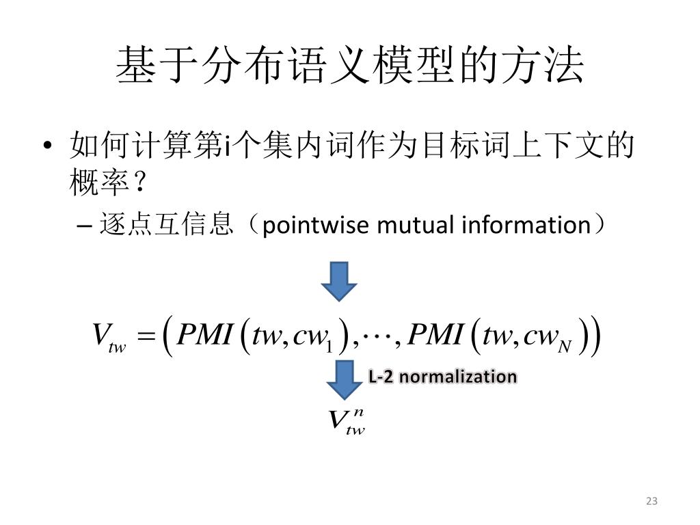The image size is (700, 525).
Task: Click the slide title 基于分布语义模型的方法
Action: [x=350, y=66]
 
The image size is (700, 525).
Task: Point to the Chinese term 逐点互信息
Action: [x=166, y=225]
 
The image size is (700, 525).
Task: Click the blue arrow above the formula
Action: [x=339, y=280]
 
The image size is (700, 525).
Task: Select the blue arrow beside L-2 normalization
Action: [x=344, y=380]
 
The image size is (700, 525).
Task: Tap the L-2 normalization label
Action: [x=442, y=377]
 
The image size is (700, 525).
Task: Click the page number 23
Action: [x=651, y=501]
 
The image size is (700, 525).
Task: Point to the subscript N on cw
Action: [x=565, y=347]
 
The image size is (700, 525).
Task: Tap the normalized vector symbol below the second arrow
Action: [x=345, y=420]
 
